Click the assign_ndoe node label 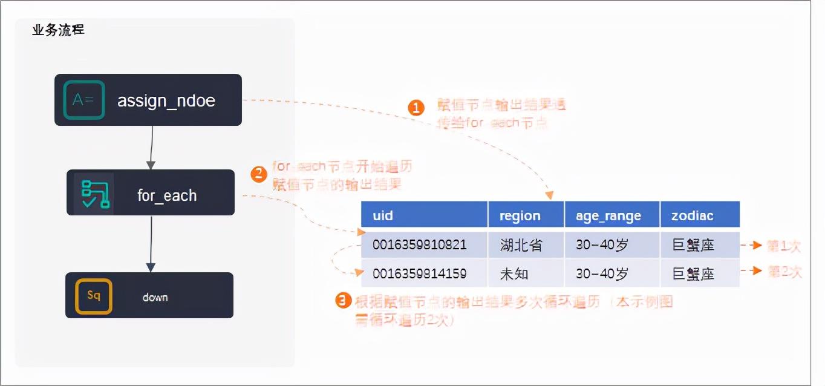(x=166, y=100)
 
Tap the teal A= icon (x=83, y=100)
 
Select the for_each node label (x=167, y=195)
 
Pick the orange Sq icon (x=93, y=296)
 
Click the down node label (x=155, y=297)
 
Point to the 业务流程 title (x=58, y=30)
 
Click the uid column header (x=383, y=215)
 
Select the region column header (x=520, y=216)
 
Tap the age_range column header (x=608, y=216)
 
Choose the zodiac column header (x=692, y=215)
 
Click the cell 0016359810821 (x=419, y=245)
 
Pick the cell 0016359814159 (x=419, y=273)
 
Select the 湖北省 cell (x=521, y=245)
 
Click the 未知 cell (x=514, y=273)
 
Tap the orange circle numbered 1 (x=416, y=108)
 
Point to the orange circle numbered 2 (x=258, y=174)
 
